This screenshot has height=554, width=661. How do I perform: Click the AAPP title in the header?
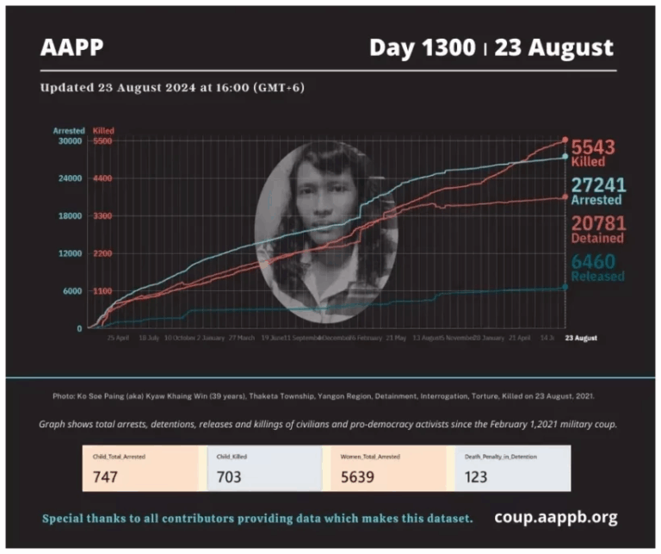pos(71,47)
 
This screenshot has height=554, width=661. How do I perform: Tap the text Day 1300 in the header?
pos(422,47)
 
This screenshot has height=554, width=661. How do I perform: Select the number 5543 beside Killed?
pos(595,146)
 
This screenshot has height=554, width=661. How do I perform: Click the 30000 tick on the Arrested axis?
pos(70,141)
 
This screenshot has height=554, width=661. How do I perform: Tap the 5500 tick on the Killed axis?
pos(103,141)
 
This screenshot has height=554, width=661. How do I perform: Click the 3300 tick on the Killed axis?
pos(103,216)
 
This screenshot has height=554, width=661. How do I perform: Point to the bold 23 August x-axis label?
pos(581,339)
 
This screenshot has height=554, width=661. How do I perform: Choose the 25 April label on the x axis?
pos(118,339)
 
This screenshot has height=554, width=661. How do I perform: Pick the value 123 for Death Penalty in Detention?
pos(475,476)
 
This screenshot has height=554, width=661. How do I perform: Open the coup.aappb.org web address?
pos(556,518)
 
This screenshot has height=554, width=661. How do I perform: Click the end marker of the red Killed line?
pos(565,140)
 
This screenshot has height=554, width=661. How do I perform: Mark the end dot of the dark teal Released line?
pos(565,287)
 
